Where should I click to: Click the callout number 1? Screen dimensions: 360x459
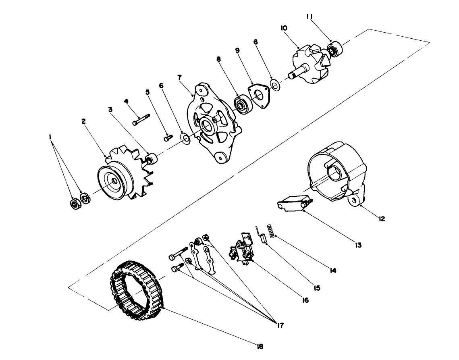[x=50, y=137]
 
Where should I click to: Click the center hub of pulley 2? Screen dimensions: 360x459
[x=115, y=181]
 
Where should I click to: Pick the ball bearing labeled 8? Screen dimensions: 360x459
[x=243, y=104]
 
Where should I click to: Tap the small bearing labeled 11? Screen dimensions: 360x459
[x=334, y=50]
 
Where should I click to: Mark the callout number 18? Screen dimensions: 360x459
[x=260, y=345]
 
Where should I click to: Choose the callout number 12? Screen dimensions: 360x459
[x=382, y=219]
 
